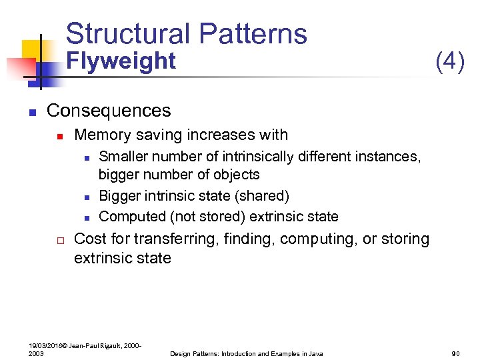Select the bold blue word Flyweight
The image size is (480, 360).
coord(122,61)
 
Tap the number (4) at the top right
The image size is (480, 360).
coord(449,61)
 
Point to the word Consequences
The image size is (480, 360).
coord(109,110)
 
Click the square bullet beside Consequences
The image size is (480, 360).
coord(31,111)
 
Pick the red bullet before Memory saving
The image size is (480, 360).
coord(59,136)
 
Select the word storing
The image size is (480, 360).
coord(403,239)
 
